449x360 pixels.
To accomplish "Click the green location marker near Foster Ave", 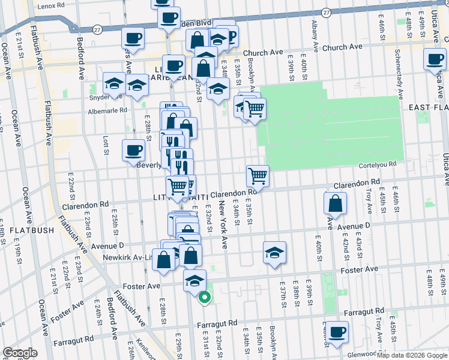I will (205, 296).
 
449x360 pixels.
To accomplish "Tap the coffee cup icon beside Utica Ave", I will (435, 60).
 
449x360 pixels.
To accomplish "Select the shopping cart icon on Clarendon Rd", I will (258, 176).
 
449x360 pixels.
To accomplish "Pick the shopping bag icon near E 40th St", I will (335, 204).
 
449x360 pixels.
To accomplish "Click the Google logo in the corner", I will (20, 353).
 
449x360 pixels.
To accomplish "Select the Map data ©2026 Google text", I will (412, 355).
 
